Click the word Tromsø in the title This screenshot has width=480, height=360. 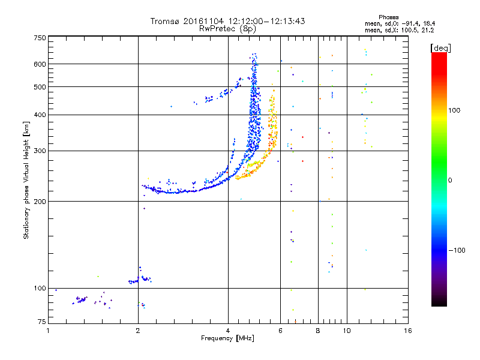point(165,21)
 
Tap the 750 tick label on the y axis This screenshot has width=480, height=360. point(40,38)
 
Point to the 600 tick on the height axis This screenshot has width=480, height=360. point(40,64)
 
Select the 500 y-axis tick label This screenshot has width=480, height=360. point(40,87)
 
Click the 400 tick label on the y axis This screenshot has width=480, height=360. point(40,115)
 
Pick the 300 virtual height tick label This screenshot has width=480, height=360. point(40,151)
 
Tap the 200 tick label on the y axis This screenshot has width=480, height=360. point(40,201)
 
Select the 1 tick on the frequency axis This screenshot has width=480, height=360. point(48,331)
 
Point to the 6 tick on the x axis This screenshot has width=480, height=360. point(280,331)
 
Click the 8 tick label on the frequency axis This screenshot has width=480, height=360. point(318,331)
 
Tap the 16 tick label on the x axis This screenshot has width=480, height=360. point(407,331)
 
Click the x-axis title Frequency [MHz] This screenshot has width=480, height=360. point(227,338)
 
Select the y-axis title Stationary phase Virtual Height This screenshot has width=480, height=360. point(26,181)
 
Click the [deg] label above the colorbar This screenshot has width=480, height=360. point(441,47)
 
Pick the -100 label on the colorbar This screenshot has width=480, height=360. point(459,250)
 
